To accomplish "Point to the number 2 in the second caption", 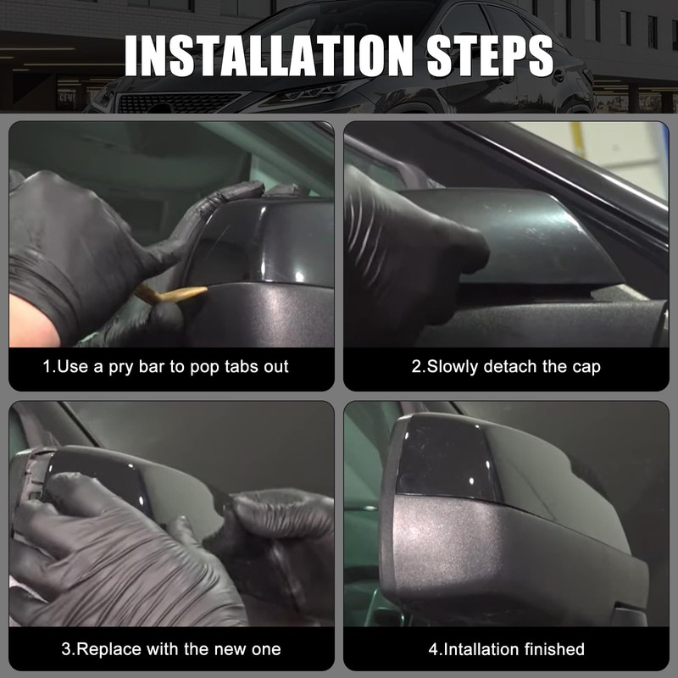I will [416, 367].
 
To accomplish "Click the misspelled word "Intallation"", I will [478, 650].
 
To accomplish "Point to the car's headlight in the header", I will [292, 92].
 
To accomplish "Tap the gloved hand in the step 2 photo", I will [403, 254].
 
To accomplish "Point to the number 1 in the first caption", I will [47, 367].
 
